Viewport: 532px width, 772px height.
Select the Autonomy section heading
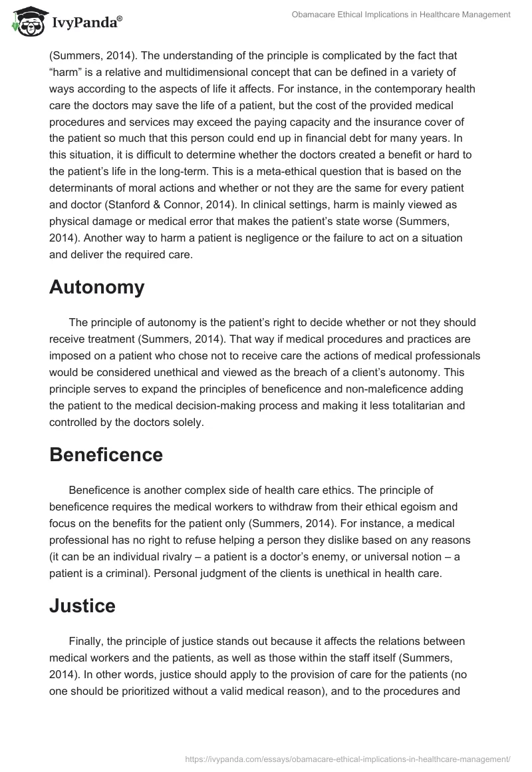96,288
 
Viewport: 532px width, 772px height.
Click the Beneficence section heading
106,455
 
